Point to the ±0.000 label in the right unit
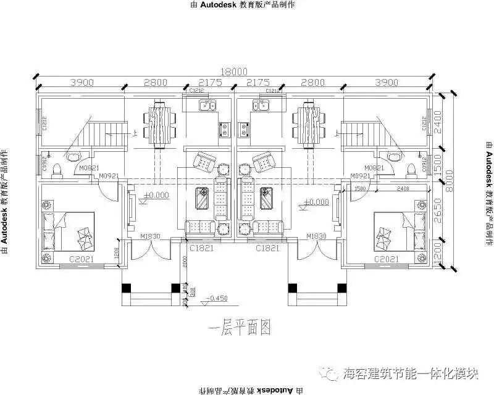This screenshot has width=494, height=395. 316,202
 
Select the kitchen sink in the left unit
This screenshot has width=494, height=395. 207,106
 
